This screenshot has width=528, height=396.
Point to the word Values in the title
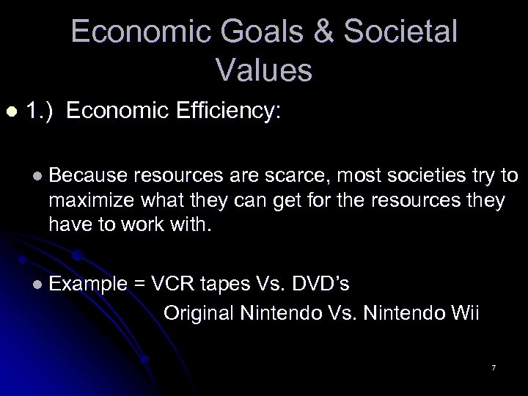(x=264, y=70)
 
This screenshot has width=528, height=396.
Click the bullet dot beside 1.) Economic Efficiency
(x=10, y=111)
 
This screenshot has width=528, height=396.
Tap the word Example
(x=87, y=285)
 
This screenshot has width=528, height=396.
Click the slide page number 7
(x=494, y=367)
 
